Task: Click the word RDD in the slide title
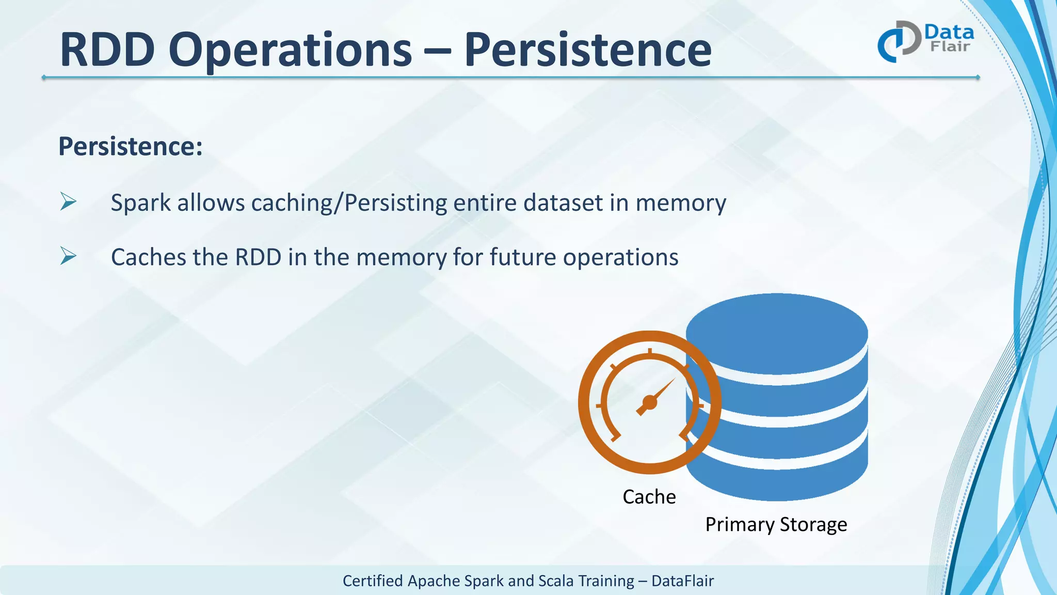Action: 107,50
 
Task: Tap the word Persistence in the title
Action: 588,50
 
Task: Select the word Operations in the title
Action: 290,51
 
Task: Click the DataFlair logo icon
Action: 899,41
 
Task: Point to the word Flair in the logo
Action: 950,47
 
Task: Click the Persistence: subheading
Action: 131,146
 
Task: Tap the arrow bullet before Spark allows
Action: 68,201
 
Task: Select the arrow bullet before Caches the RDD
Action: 68,256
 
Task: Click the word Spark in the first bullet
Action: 140,203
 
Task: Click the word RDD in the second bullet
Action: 258,257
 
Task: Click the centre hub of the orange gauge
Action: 649,402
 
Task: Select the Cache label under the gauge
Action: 649,497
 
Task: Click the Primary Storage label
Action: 776,525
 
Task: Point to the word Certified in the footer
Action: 373,581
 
